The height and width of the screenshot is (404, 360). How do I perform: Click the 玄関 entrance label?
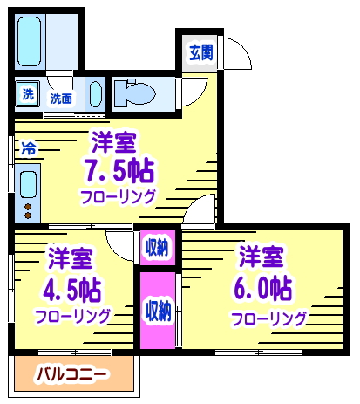pyautogui.click(x=200, y=52)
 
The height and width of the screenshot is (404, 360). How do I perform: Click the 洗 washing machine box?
pyautogui.click(x=28, y=94)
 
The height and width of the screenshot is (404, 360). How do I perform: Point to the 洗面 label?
pyautogui.click(x=61, y=98)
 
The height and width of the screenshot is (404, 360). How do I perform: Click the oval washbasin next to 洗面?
pyautogui.click(x=95, y=94)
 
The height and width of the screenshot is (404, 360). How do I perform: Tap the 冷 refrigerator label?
pyautogui.click(x=28, y=148)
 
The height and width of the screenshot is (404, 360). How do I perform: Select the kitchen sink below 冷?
pyautogui.click(x=28, y=184)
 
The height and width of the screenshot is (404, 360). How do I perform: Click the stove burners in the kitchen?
pyautogui.click(x=27, y=210)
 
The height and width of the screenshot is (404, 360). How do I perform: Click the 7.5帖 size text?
pyautogui.click(x=119, y=168)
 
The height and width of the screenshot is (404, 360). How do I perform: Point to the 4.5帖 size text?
pyautogui.click(x=71, y=287)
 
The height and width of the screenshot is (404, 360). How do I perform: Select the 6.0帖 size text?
pyautogui.click(x=262, y=286)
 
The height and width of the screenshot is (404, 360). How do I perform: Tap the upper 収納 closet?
pyautogui.click(x=157, y=247)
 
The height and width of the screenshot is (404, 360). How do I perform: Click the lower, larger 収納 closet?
pyautogui.click(x=157, y=310)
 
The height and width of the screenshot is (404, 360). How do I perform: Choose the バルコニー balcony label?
pyautogui.click(x=71, y=376)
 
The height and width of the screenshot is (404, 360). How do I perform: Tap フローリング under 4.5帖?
pyautogui.click(x=72, y=315)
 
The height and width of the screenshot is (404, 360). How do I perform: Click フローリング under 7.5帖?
pyautogui.click(x=119, y=196)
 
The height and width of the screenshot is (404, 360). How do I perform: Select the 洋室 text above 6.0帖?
pyautogui.click(x=261, y=257)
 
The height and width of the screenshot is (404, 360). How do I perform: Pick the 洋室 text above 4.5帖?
pyautogui.click(x=70, y=258)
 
